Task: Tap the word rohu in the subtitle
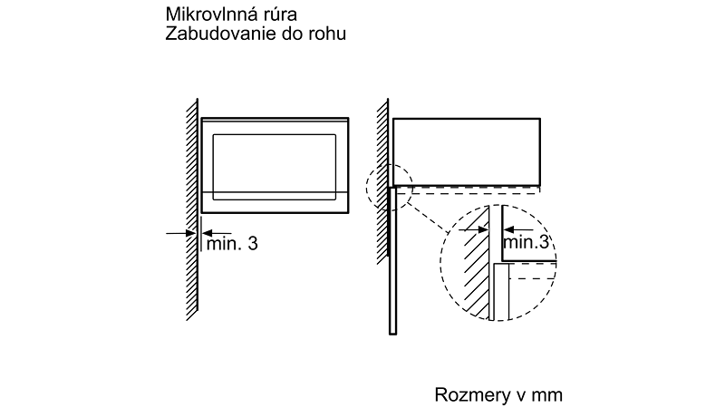(x=328, y=34)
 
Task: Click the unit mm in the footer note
(x=548, y=395)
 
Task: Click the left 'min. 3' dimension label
(x=232, y=243)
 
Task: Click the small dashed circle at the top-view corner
(x=389, y=186)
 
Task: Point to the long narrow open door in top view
(x=392, y=263)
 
